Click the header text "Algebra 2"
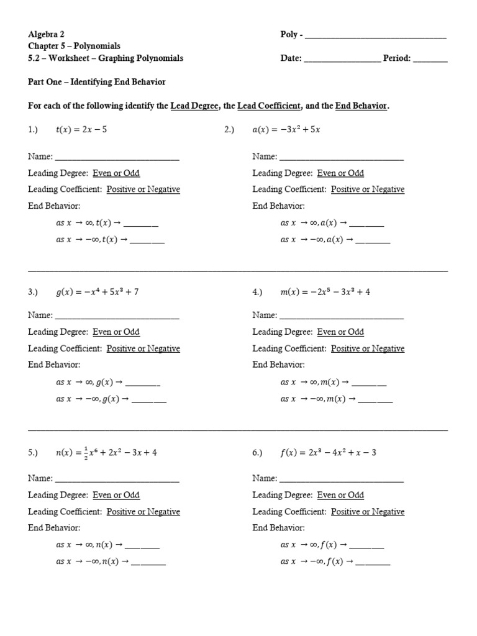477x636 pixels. pos(46,34)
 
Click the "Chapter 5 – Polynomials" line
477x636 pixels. pos(74,46)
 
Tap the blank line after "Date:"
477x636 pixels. pos(342,60)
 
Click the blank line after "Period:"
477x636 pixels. pos(429,60)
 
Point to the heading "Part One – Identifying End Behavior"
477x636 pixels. pos(96,82)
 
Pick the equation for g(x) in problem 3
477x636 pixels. pos(97,291)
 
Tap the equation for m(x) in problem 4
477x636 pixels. pos(325,291)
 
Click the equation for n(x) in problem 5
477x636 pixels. pos(106,453)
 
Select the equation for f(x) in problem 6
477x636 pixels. pos(328,453)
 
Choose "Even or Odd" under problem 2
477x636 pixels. pos(340,173)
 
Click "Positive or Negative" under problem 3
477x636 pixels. pos(143,348)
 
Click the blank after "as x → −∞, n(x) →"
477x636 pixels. pos(148,563)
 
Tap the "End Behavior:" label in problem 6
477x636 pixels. pos(278,528)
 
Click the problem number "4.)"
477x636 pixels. pos(258,292)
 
